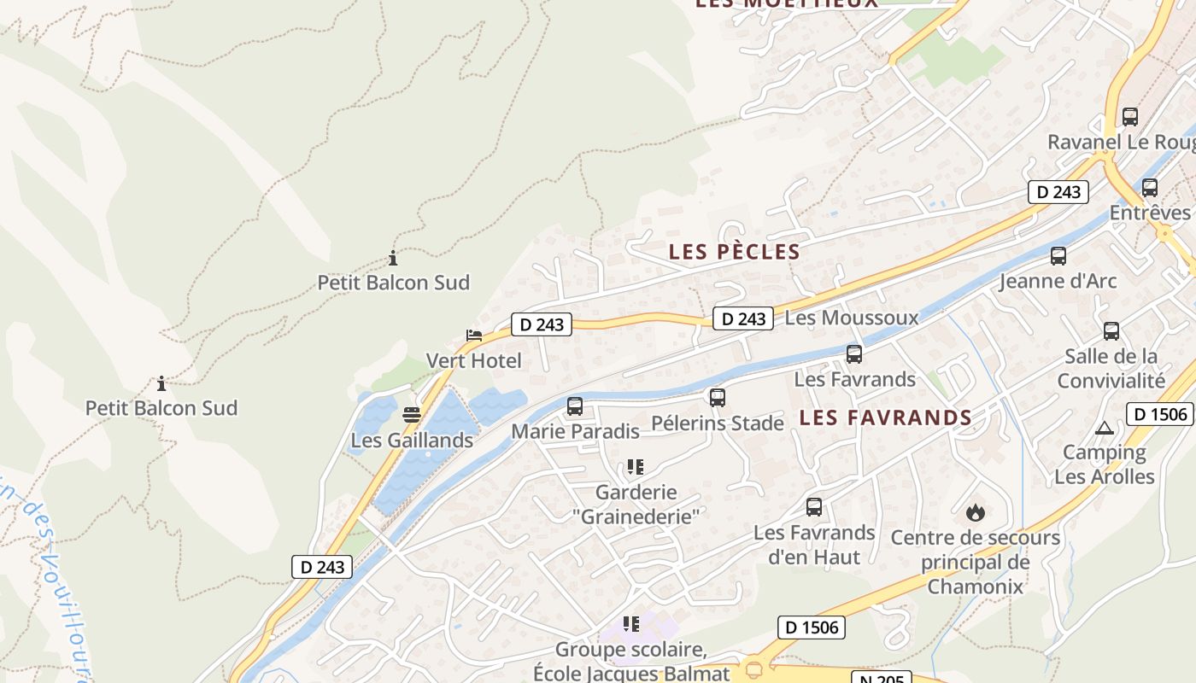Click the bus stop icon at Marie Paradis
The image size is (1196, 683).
click(575, 406)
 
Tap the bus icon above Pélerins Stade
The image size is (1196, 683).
click(718, 398)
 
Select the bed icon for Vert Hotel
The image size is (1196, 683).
click(474, 335)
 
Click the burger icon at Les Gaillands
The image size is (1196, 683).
click(412, 416)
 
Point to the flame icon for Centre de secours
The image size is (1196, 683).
click(975, 512)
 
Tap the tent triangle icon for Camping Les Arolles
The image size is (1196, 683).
click(1104, 428)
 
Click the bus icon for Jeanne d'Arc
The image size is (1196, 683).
click(1058, 256)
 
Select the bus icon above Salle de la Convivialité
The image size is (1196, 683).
click(1111, 331)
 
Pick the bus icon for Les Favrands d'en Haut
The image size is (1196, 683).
click(814, 507)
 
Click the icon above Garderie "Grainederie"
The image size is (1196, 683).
click(635, 467)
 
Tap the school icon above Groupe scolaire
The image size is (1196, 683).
click(631, 624)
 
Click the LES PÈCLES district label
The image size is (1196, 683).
click(735, 252)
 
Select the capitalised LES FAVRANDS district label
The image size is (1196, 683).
click(886, 417)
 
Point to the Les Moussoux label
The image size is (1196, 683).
click(851, 318)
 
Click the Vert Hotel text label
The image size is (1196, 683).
click(473, 360)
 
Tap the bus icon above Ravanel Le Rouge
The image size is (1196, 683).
click(1130, 117)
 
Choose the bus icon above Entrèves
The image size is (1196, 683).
click(1150, 188)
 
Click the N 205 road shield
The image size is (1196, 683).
click(881, 679)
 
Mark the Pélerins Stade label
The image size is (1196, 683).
click(718, 423)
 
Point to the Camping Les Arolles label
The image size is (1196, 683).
click(1105, 464)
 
